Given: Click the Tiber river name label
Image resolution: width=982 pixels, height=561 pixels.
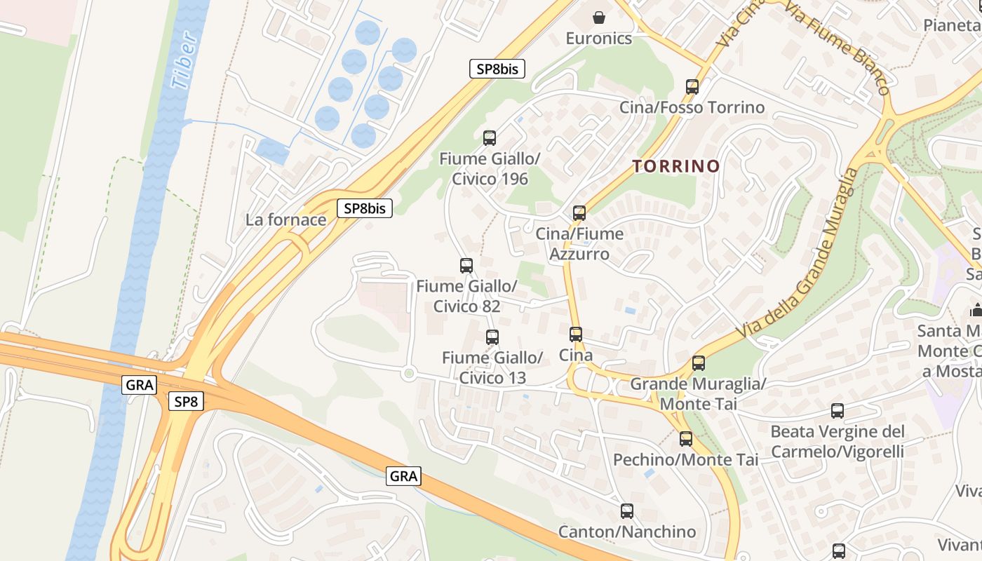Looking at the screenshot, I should pos(184,61).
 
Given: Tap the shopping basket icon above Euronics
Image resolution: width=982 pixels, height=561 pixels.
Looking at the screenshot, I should pos(599,17).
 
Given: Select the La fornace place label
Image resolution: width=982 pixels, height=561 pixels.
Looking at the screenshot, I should pos(286,219).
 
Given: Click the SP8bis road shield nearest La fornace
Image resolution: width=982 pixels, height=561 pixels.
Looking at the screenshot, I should pos(365,208).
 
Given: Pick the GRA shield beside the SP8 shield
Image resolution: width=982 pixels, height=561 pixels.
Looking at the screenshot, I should pos(140,384).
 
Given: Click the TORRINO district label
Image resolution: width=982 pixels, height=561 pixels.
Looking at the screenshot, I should pos(676,166).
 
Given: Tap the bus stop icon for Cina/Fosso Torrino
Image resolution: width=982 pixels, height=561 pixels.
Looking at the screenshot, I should pos(692,87).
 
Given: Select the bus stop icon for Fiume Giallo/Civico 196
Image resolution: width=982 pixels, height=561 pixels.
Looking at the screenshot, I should pos(490,138).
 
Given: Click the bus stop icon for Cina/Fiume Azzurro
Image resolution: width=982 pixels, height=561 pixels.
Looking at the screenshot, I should pos(579,213).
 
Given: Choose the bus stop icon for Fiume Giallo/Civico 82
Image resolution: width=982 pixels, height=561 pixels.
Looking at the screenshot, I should pos(466,266).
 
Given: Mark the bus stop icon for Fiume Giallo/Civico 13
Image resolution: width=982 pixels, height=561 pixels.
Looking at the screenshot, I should pos(492,337).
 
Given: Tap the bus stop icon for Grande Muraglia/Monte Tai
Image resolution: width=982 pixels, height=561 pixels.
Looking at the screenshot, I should pos(699,363).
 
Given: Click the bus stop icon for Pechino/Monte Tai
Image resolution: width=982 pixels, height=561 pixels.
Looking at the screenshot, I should pos(686,440).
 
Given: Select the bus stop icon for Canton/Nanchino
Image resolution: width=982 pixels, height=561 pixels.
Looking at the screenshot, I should pos(627,511).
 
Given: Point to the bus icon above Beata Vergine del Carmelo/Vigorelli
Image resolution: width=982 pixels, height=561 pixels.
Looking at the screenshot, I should pos(838,411).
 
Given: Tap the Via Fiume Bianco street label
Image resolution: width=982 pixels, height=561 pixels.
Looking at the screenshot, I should pos(838,48).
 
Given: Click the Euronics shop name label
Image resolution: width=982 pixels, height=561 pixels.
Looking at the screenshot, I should pos(599,39).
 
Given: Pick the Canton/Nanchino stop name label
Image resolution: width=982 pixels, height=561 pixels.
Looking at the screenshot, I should pos(627,532).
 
